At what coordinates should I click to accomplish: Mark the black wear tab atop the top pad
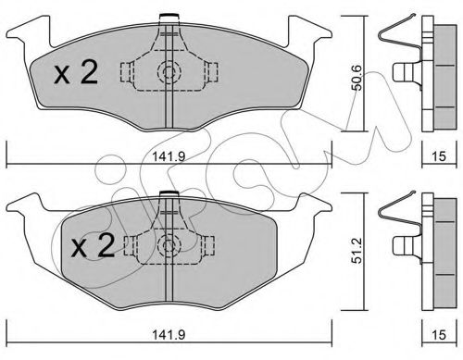coord(168,15)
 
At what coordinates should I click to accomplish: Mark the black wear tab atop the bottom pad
coord(168,193)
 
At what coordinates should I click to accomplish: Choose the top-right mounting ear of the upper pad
coord(311,35)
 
